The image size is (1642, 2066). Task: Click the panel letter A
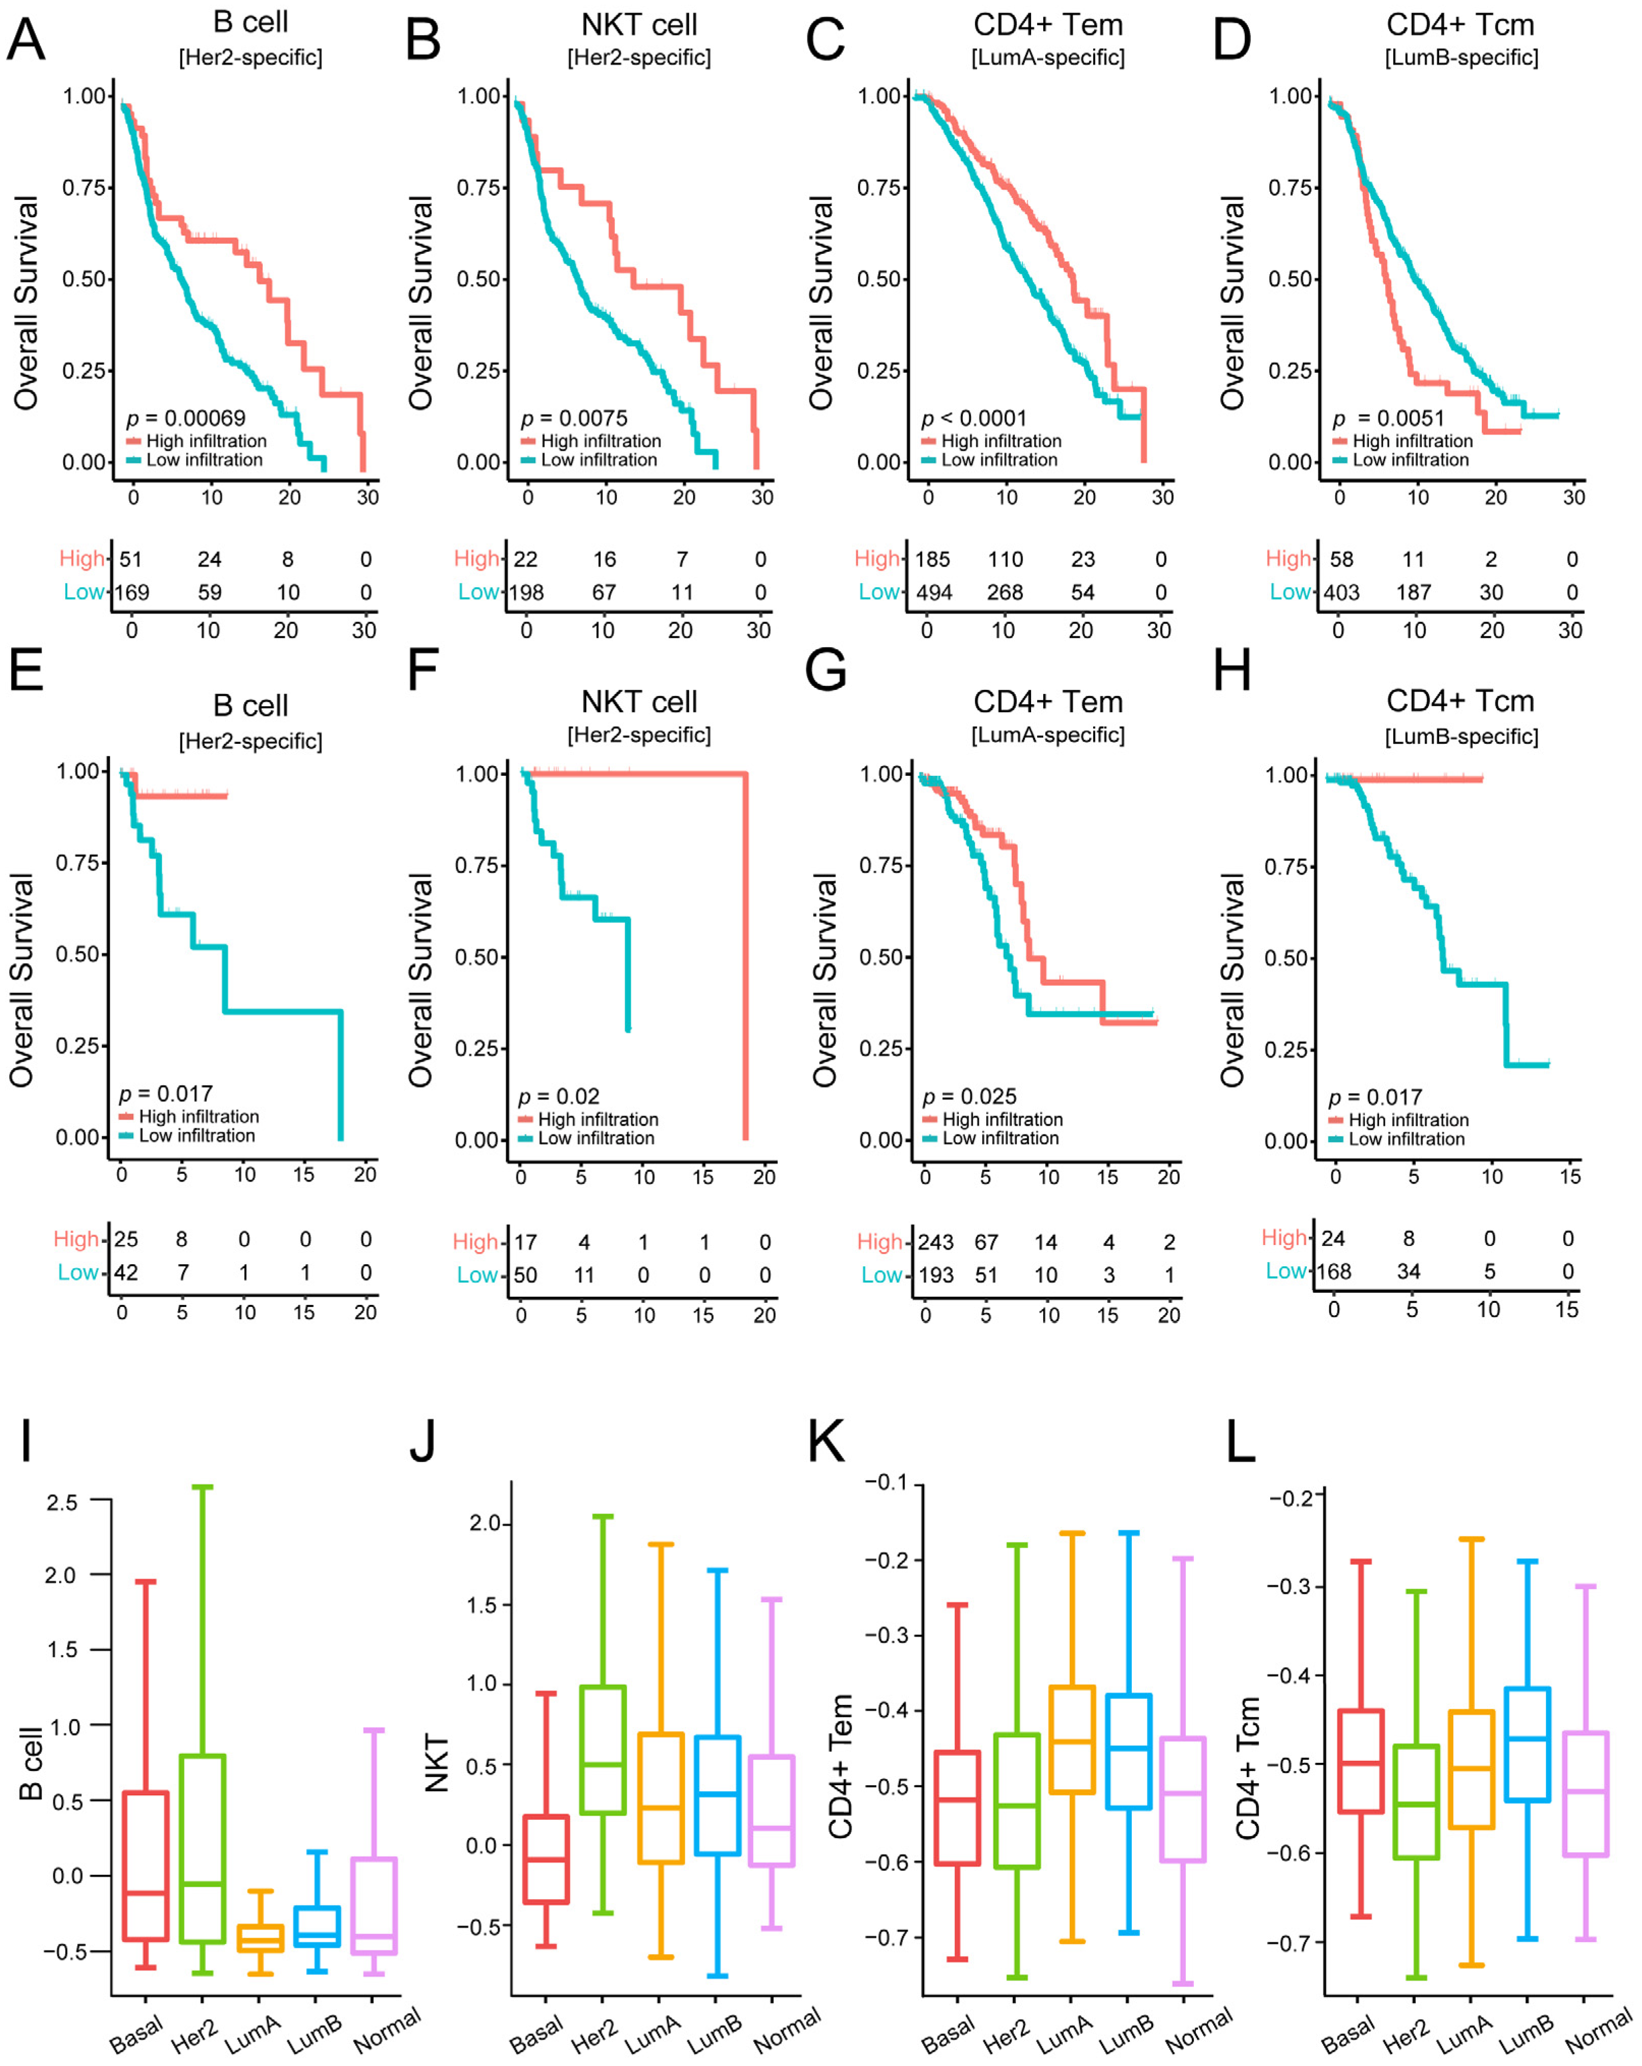pyautogui.click(x=26, y=40)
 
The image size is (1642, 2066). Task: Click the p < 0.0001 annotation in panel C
pyautogui.click(x=974, y=418)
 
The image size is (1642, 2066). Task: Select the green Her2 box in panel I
pyautogui.click(x=202, y=1848)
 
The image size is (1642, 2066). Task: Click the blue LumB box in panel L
pyautogui.click(x=1527, y=1744)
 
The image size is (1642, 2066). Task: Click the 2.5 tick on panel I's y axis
pyautogui.click(x=62, y=1502)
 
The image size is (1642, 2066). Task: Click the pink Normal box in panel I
pyautogui.click(x=373, y=1906)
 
